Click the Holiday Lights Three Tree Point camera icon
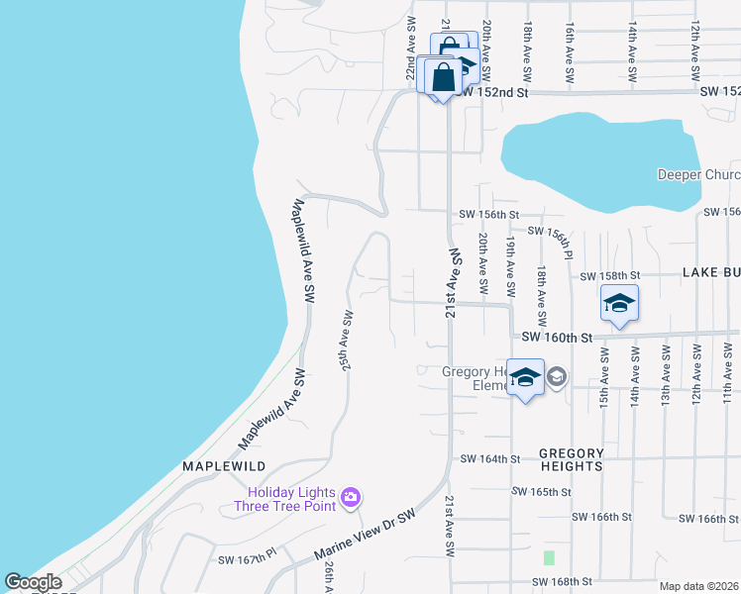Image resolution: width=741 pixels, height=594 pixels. click(349, 496)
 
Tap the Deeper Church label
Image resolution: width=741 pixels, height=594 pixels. click(698, 175)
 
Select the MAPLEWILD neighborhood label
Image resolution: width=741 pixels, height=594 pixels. click(224, 465)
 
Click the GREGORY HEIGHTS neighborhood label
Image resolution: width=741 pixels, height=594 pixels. click(571, 458)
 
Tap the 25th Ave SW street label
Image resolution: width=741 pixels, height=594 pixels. click(347, 339)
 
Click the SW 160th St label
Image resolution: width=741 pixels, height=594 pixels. click(558, 338)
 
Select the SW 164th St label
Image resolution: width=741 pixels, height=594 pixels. click(490, 459)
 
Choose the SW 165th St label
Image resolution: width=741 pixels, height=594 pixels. click(542, 491)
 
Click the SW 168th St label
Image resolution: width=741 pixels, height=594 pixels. click(562, 582)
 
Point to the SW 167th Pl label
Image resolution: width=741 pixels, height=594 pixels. click(247, 559)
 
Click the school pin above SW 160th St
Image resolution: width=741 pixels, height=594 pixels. click(619, 302)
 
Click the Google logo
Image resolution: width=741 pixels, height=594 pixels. click(33, 582)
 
